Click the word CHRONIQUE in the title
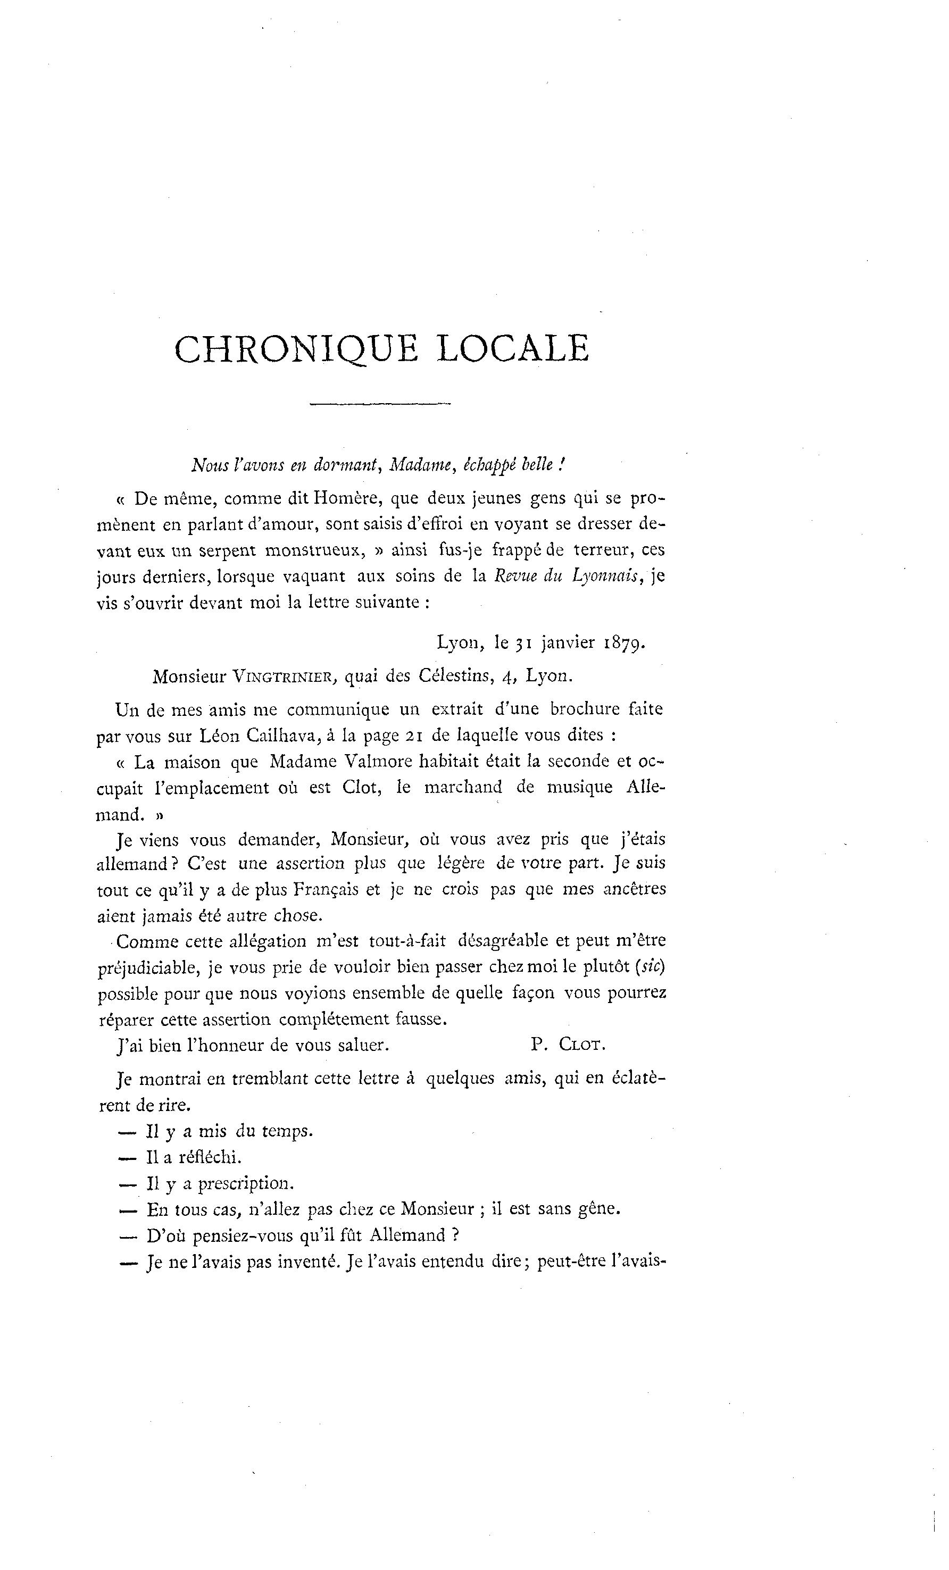click(296, 350)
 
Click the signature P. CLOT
click(567, 1045)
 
